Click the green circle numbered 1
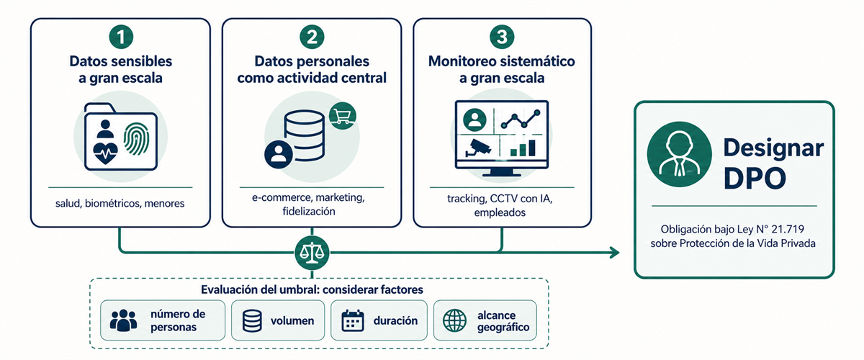pos(121,37)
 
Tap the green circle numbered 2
pos(312,37)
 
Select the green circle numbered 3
pos(502,37)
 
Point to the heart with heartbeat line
pos(105,153)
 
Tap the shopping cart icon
pos(342,116)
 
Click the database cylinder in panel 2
pos(305,135)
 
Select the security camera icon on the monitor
pos(477,148)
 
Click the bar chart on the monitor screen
pos(523,148)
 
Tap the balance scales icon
pos(312,253)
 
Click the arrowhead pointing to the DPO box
pos(614,253)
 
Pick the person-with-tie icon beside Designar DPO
pos(679,154)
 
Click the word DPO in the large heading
pos(755,179)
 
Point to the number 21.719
pos(788,229)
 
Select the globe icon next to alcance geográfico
pos(454,320)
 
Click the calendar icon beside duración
pos(353,320)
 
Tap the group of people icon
pos(123,320)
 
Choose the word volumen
pos(292,320)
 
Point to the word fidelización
pos(309,212)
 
